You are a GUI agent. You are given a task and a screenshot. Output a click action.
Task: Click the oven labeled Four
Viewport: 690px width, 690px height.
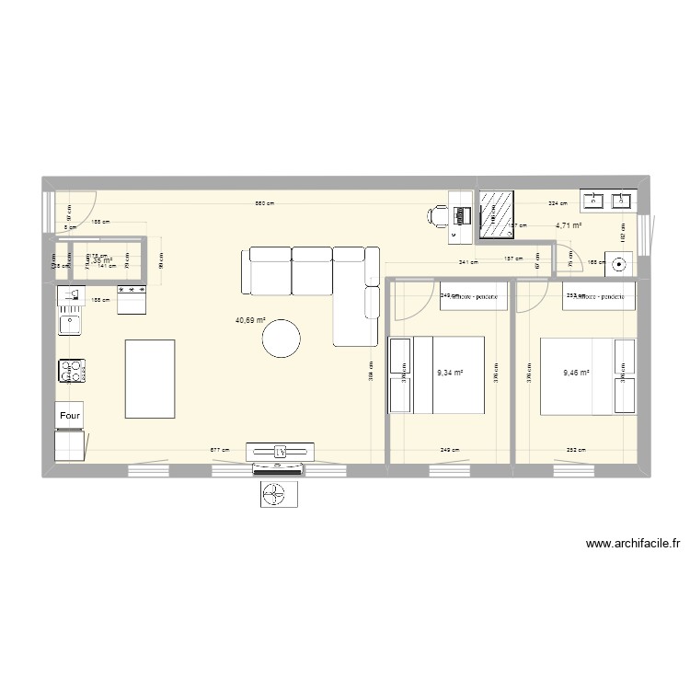tap(70, 415)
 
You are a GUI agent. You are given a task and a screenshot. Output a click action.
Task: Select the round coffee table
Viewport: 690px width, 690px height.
tap(282, 338)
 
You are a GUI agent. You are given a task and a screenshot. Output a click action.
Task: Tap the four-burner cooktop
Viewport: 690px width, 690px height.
tap(70, 371)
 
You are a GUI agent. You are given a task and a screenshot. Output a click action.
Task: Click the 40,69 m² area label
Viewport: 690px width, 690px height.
tap(250, 321)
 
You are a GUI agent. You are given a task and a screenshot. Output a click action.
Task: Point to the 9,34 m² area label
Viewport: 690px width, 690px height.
tap(450, 373)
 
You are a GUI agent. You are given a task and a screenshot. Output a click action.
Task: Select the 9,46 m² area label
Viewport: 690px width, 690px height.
tap(576, 374)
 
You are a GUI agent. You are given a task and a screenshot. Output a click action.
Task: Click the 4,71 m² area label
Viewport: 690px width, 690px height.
tap(568, 224)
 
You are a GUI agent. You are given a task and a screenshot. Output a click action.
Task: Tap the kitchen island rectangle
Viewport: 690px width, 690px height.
tap(149, 378)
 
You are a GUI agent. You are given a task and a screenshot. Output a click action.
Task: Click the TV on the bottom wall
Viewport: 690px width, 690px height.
tap(281, 451)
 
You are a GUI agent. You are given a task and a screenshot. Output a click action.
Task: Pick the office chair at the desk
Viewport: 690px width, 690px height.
tap(437, 216)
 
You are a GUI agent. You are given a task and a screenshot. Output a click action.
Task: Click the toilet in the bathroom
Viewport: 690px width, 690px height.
tap(618, 263)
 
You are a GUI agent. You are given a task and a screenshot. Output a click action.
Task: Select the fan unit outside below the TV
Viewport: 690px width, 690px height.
tap(278, 495)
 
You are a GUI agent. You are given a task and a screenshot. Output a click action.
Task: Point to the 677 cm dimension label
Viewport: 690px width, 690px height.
tap(220, 450)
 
